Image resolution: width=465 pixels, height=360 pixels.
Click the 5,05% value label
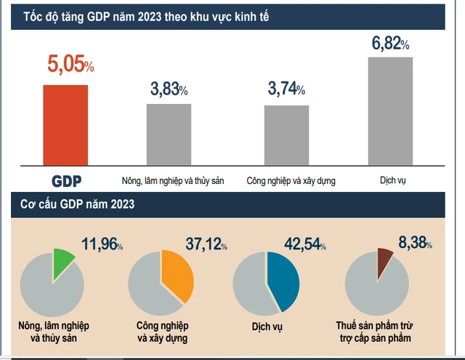click(x=70, y=66)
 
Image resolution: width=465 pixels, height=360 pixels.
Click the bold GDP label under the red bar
click(x=67, y=180)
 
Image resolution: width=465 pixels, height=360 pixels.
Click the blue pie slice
click(x=282, y=281)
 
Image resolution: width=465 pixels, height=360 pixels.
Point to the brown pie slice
click(x=384, y=262)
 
